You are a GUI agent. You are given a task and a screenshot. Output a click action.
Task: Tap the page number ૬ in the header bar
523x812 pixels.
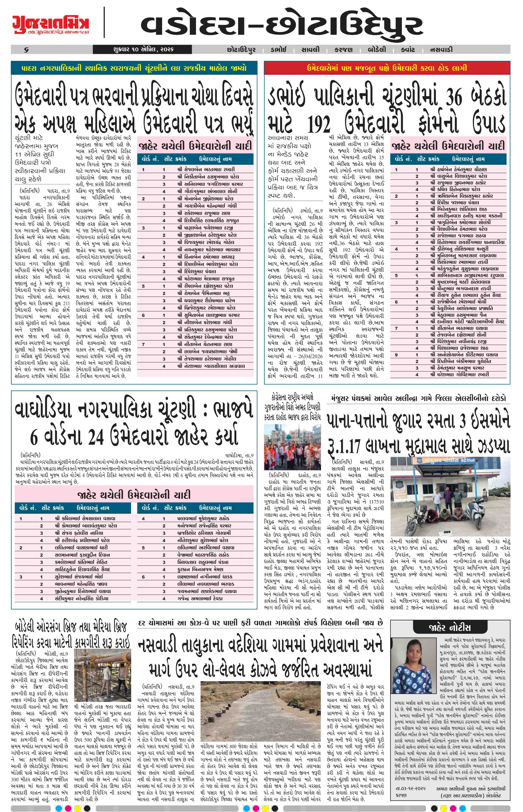coord(27,50)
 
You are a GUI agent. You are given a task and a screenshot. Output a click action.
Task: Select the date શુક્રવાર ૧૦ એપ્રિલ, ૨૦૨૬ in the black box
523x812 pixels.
coord(143,50)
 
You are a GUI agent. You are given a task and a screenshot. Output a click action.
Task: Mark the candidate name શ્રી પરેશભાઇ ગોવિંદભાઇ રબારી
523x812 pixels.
coord(459,374)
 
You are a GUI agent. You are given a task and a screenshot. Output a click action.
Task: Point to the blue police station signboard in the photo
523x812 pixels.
coord(445,460)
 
